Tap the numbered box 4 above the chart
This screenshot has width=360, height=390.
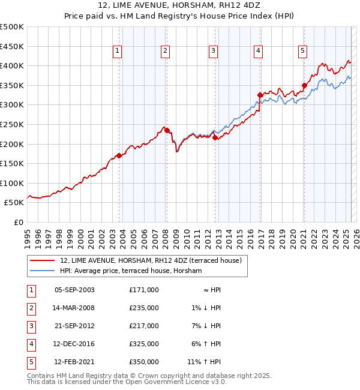[x=258, y=52]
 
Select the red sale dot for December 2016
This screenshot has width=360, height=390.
[x=260, y=95]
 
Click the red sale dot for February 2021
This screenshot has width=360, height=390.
[x=304, y=85]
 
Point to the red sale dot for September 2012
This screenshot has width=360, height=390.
[x=215, y=137]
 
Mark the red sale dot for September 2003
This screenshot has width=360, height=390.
[x=119, y=155]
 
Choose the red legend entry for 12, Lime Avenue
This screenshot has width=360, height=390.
[x=150, y=260]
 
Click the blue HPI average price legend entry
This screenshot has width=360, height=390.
[x=131, y=271]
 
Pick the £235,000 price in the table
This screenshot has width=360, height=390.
[x=144, y=308]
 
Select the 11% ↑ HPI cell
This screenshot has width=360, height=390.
[x=204, y=362]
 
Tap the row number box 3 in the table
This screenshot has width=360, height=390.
[x=30, y=326]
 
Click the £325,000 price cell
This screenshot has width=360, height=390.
[x=144, y=344]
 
